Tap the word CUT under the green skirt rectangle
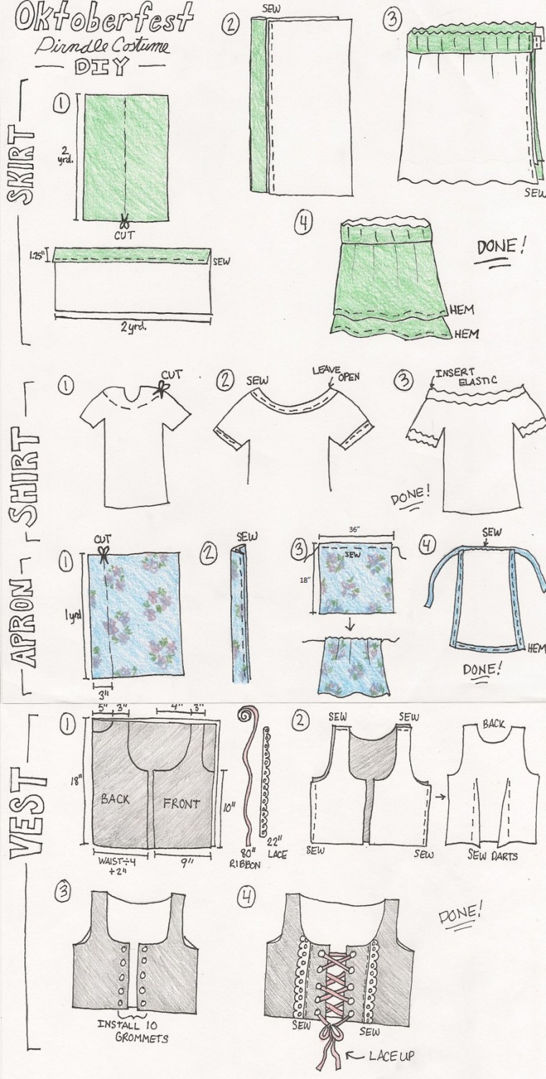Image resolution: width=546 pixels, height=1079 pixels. (125, 233)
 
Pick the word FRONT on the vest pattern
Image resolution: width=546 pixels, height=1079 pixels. (182, 804)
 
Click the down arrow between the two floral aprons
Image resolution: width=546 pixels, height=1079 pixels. (353, 625)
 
